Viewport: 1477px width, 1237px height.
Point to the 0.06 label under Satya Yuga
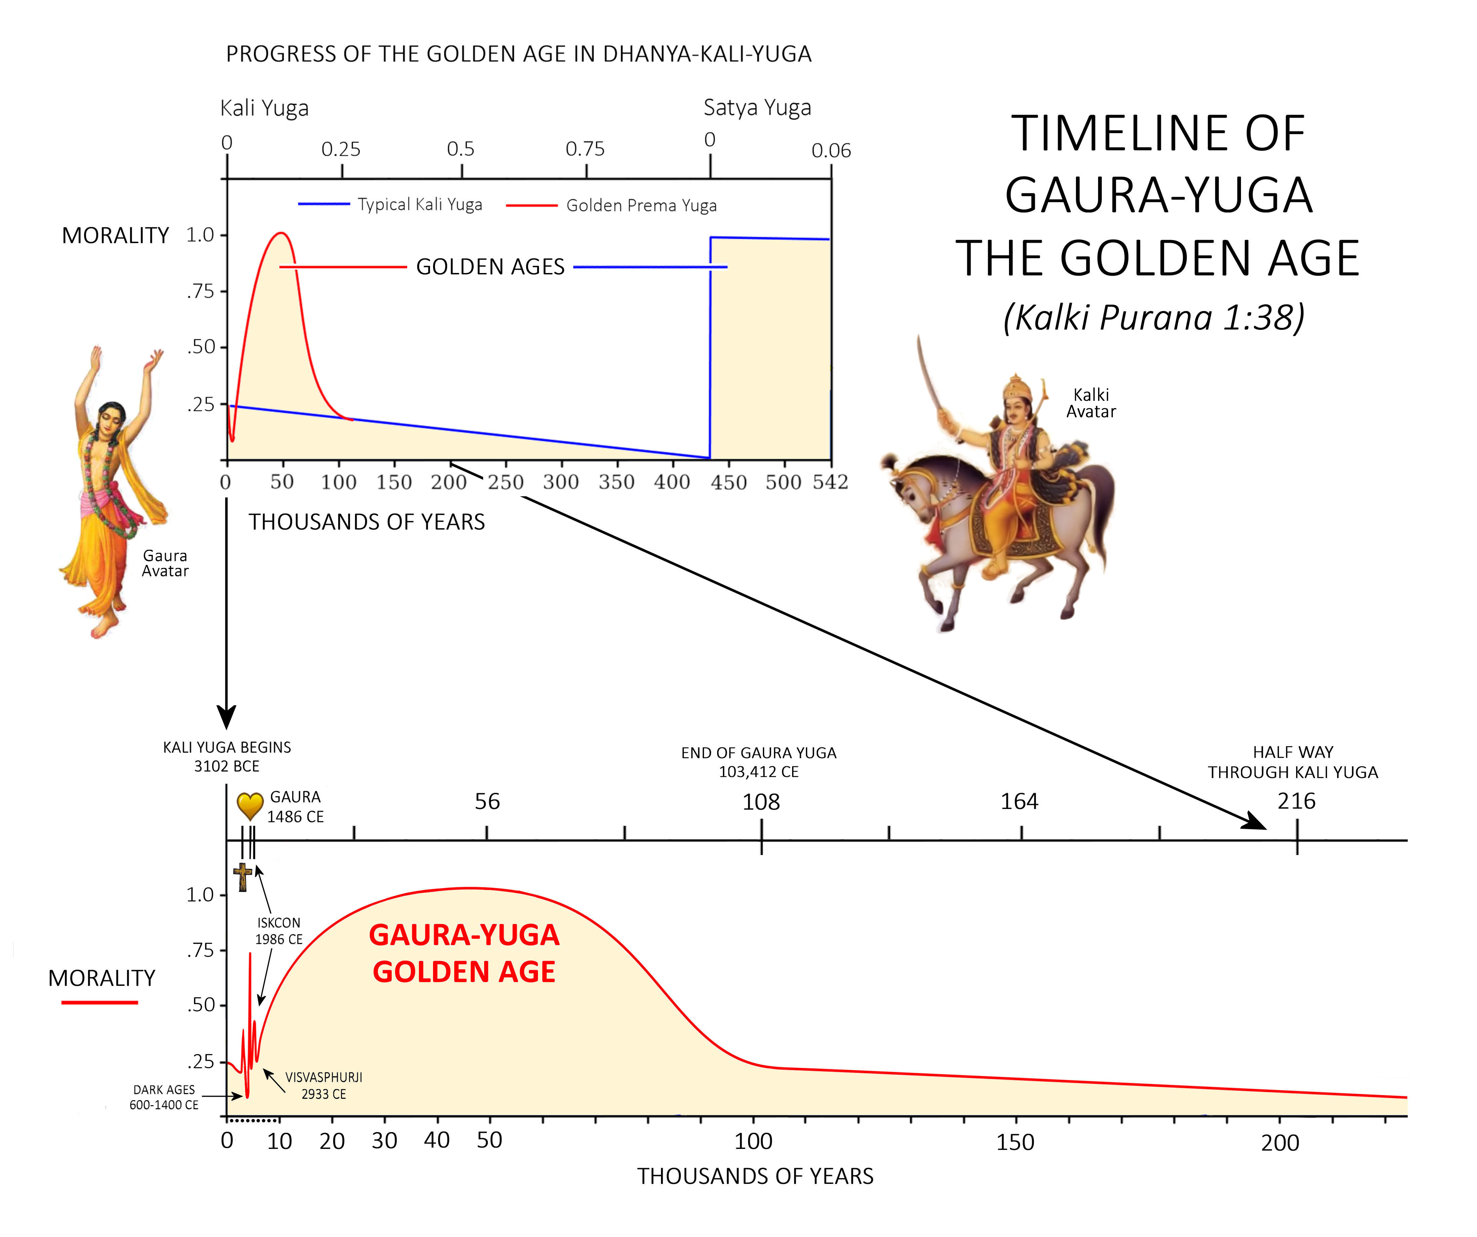click(x=831, y=151)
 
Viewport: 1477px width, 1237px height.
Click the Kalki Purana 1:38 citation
click(x=1154, y=317)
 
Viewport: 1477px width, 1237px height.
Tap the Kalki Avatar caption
click(x=1091, y=403)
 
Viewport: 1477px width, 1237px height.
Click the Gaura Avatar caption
click(x=165, y=563)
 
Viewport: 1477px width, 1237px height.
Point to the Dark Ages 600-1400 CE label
click(x=164, y=1097)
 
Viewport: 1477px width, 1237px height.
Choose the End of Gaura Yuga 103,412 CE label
click(x=759, y=762)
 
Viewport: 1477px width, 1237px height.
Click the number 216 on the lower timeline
click(x=1296, y=801)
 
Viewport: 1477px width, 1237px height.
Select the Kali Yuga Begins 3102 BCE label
click(x=227, y=757)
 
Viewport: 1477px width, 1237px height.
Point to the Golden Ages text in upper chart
click(x=490, y=267)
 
